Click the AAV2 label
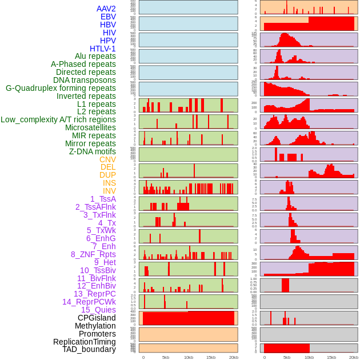click(x=106, y=9)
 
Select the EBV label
click(x=108, y=17)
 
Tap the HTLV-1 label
click(x=103, y=49)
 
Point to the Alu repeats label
click(x=95, y=56)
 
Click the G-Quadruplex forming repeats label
click(x=61, y=88)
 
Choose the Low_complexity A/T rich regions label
click(x=58, y=119)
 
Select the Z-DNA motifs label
click(x=93, y=151)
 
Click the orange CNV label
click(x=107, y=159)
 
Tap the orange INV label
click(x=109, y=191)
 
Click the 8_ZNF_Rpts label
click(x=93, y=254)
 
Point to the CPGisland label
click(x=97, y=318)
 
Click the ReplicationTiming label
click(x=85, y=342)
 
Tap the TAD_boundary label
click(x=89, y=349)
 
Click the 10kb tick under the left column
click(x=188, y=357)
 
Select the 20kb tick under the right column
click(x=354, y=357)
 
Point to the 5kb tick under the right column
click(x=287, y=357)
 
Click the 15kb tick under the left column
click(x=210, y=357)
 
